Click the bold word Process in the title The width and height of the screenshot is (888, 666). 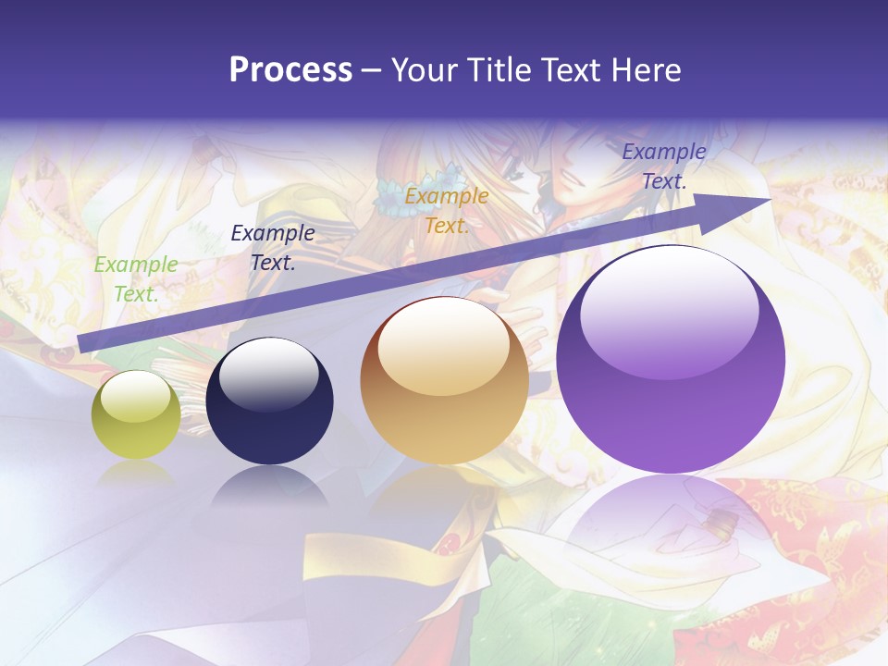290,70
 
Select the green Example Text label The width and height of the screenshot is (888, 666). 135,279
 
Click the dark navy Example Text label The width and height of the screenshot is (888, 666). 272,248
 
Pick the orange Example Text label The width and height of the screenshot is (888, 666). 447,211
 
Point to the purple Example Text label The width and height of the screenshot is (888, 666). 664,166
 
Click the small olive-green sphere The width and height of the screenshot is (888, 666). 136,415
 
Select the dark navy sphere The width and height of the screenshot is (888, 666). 269,401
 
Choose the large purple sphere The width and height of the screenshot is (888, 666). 671,361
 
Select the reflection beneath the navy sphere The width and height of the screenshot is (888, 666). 269,486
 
